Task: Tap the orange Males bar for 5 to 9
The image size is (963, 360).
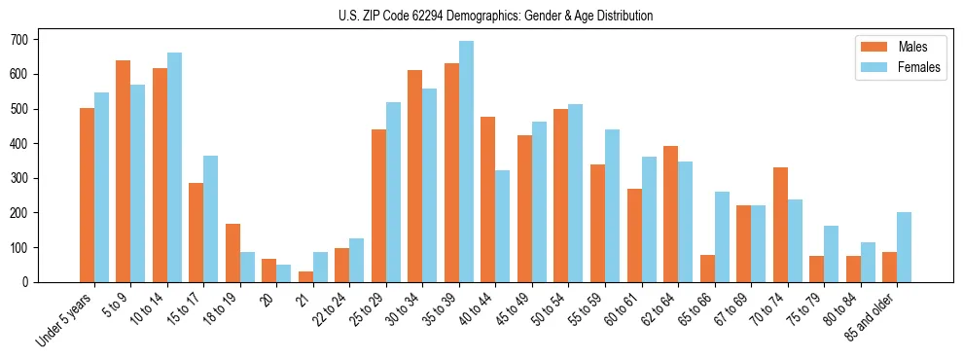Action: pyautogui.click(x=124, y=171)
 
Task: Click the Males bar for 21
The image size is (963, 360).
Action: pyautogui.click(x=305, y=276)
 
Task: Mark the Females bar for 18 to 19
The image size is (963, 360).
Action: pyautogui.click(x=247, y=267)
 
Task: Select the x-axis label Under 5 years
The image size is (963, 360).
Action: pyautogui.click(x=64, y=319)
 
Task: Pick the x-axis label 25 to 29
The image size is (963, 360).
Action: pyautogui.click(x=368, y=308)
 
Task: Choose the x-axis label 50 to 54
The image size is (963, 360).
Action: pyautogui.click(x=514, y=308)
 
